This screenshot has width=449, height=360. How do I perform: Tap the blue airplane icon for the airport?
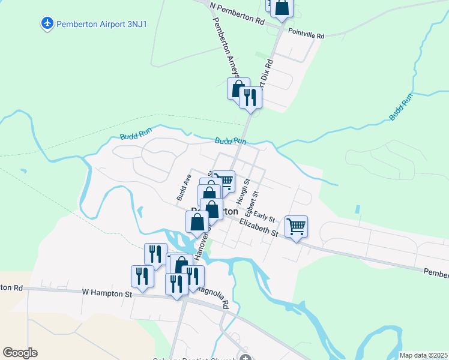46,24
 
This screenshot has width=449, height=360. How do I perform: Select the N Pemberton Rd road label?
237,13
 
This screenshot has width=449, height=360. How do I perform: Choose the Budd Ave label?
183,188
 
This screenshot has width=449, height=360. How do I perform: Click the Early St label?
264,217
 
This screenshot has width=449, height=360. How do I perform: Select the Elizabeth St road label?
259,227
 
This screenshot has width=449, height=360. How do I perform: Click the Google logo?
20,352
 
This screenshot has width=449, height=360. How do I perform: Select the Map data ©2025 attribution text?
423,355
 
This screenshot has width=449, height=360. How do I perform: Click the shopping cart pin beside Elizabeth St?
296,227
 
